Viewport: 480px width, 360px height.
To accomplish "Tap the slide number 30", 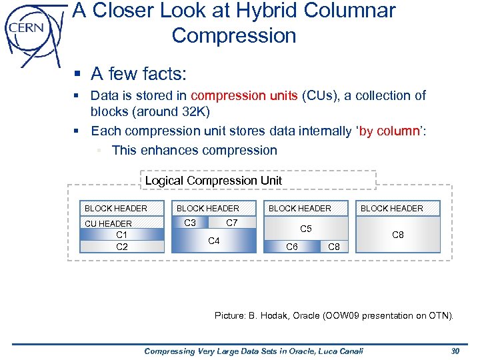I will (x=456, y=351).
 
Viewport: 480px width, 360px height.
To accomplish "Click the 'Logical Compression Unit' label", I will (x=213, y=181).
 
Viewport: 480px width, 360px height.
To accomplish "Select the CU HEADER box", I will (x=108, y=223).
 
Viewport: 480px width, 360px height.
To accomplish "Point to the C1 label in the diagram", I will (x=122, y=235).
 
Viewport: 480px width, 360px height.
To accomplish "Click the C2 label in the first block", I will (x=122, y=246).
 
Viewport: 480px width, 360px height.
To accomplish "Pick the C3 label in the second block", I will (x=190, y=223).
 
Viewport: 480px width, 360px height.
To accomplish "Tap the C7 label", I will (x=232, y=223).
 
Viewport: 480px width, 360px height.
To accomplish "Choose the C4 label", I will (x=214, y=240).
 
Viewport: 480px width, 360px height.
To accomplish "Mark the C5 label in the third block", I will (x=306, y=229).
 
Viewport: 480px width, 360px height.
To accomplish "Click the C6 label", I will (x=291, y=247).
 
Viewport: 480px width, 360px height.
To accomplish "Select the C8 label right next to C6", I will (x=334, y=247).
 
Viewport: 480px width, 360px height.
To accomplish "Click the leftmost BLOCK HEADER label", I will (x=116, y=209).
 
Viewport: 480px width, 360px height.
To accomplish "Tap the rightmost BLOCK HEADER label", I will (x=392, y=209).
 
